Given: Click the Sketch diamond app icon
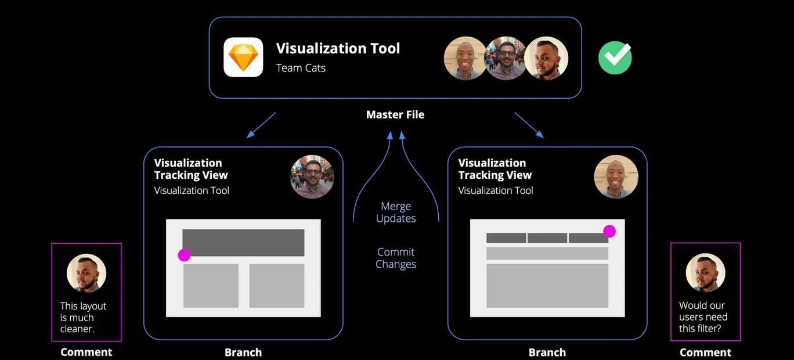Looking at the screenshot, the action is click(243, 57).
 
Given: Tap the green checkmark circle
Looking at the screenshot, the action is click(615, 58).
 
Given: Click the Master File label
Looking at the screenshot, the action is click(395, 114).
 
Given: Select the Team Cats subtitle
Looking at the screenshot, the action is click(301, 68).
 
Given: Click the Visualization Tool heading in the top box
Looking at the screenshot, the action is click(338, 48).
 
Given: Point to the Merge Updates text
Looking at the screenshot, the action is click(396, 212).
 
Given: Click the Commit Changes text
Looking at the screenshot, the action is click(396, 258).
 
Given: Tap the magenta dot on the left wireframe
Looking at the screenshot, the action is click(184, 255).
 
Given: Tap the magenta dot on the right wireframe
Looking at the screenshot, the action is click(609, 231).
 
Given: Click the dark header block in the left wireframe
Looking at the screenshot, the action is click(243, 243).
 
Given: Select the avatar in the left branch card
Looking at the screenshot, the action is click(312, 177).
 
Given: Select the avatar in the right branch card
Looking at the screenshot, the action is click(616, 177).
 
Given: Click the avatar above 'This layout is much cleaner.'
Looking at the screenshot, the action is click(86, 273).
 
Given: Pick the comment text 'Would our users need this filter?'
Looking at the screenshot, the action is click(703, 316).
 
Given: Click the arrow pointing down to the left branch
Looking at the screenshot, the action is click(261, 125).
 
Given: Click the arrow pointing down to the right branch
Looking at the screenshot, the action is click(529, 125).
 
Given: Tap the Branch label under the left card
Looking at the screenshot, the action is click(243, 352).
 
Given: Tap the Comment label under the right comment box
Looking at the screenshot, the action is click(705, 352).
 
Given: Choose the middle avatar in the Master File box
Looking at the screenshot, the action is click(506, 58).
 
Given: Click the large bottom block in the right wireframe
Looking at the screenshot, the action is click(547, 286).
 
